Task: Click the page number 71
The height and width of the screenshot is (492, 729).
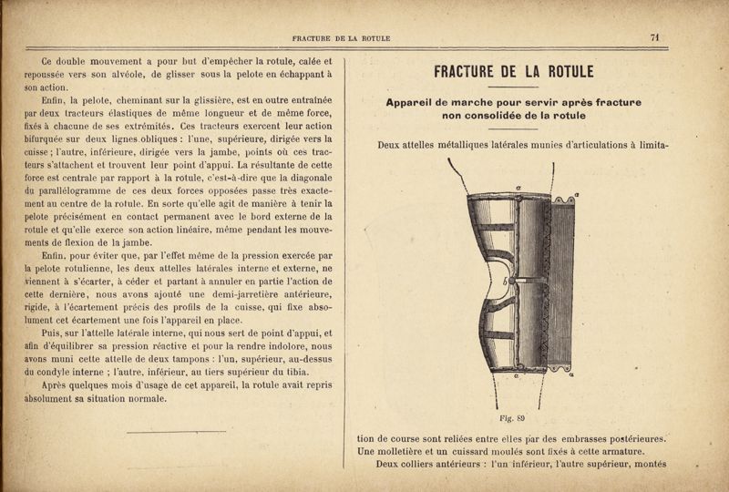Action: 654,37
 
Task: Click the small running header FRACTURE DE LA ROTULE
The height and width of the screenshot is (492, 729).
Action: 341,38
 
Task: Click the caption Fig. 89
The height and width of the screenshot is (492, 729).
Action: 515,419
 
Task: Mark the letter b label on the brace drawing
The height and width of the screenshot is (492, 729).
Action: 492,282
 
